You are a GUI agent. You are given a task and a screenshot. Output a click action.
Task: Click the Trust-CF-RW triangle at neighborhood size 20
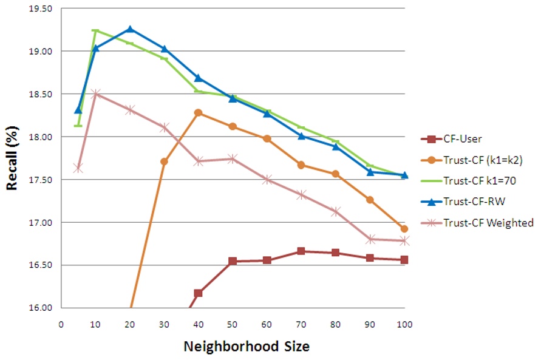coord(130,29)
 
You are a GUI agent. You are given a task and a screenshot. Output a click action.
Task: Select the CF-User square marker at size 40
coord(199,293)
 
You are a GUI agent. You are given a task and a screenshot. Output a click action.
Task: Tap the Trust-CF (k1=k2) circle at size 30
coord(164,161)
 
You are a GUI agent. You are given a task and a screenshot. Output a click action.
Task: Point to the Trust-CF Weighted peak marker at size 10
coord(95,94)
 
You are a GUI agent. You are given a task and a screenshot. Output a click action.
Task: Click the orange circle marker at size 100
coord(404,229)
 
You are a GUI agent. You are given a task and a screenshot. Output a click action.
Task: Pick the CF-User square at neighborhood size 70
coord(301,251)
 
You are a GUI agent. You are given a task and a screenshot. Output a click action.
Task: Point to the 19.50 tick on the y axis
coord(41,8)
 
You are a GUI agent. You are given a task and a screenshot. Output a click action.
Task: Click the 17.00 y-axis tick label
coord(41,223)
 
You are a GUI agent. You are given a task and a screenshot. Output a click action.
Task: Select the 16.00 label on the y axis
coord(41,308)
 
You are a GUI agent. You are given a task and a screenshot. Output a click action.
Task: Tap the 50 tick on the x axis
coord(233,324)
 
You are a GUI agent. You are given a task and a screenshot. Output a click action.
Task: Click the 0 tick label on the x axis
coord(61,324)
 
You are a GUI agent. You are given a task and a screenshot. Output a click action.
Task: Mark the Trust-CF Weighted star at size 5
coord(78,168)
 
